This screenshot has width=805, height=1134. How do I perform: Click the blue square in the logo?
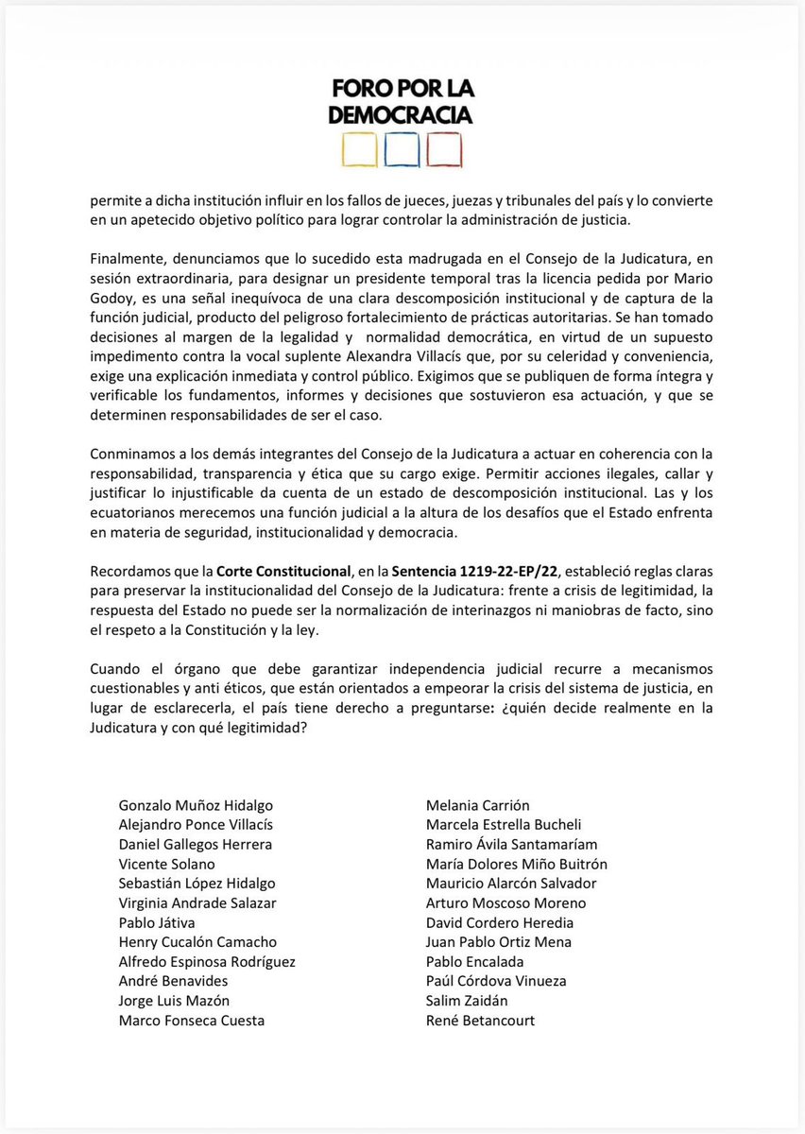402,150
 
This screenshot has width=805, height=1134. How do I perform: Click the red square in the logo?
444,150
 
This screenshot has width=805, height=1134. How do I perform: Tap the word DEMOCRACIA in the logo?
402,114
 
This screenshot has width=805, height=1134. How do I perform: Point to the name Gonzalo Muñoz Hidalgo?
196,805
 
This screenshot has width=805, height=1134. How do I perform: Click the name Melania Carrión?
478,805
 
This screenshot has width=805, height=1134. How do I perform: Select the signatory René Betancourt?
480,1020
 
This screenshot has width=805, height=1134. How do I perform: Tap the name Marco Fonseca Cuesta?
192,1020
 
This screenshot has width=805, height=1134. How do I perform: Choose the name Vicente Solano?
166,864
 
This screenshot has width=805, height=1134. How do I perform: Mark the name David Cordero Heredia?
500,922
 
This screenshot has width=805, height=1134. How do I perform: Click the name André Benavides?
173,981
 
